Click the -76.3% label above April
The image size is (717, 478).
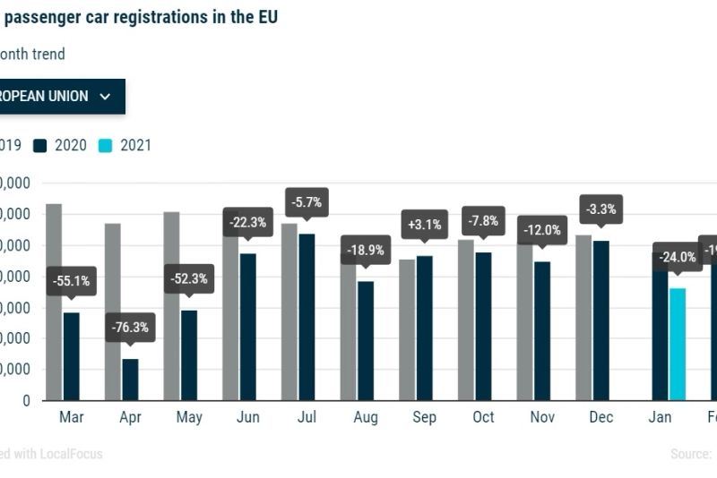click(130, 327)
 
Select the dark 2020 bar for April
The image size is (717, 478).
click(130, 380)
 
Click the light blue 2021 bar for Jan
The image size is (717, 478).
click(678, 344)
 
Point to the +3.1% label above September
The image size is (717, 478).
click(424, 225)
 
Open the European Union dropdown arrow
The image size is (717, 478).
click(105, 97)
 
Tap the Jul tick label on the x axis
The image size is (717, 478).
click(307, 417)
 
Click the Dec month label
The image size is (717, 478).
click(600, 417)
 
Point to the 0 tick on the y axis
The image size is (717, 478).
click(27, 401)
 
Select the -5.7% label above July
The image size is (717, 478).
click(307, 202)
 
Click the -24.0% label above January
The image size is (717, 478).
click(678, 256)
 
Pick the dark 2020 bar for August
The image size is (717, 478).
click(366, 341)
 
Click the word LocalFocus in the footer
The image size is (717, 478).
click(71, 454)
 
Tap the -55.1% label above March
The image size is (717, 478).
click(71, 281)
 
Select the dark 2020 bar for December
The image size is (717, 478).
click(600, 320)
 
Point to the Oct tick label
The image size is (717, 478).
click(483, 417)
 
